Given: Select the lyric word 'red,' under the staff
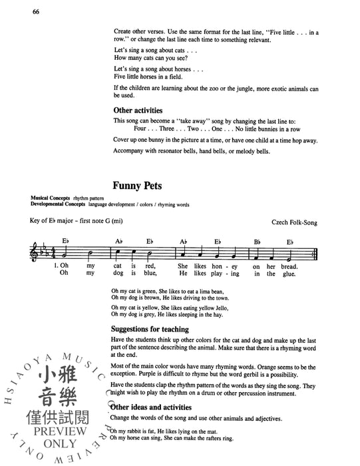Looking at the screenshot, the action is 150,266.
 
